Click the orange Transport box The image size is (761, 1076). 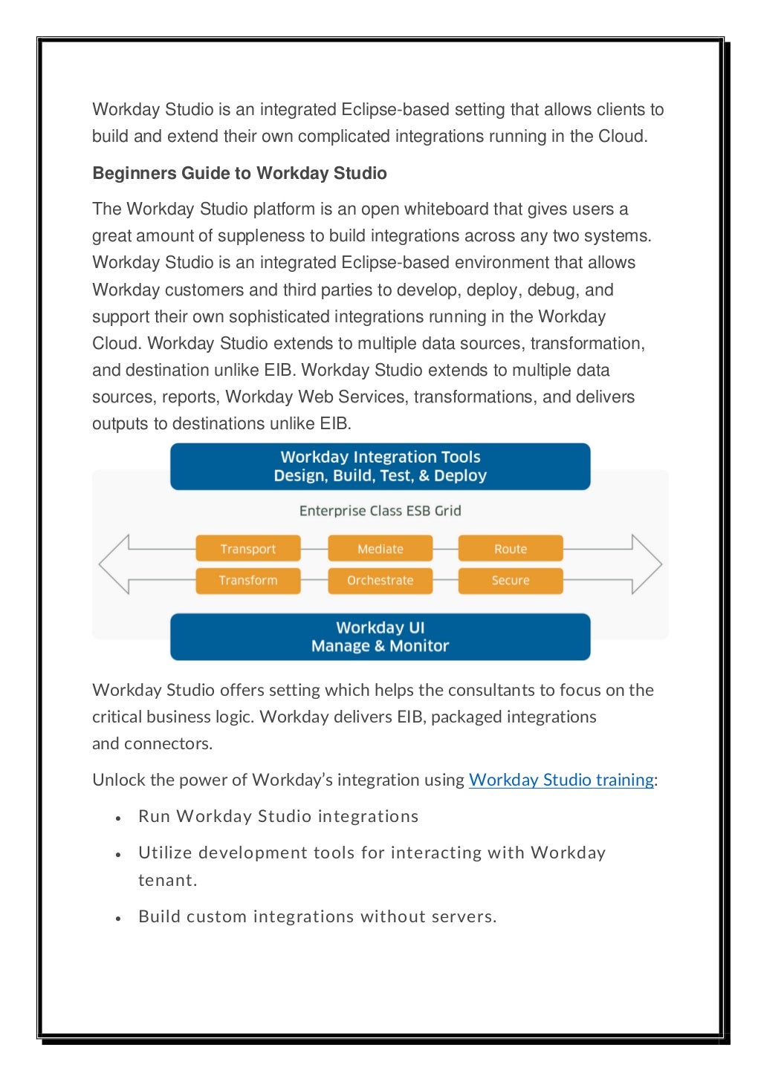point(248,549)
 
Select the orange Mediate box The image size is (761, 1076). point(380,549)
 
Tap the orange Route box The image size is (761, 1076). point(511,549)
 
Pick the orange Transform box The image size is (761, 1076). point(248,580)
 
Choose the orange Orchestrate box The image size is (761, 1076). point(380,580)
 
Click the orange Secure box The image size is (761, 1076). point(511,580)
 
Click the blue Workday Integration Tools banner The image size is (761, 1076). point(380,466)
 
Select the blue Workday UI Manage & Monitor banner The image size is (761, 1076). point(380,636)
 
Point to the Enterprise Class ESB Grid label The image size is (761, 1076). point(380,511)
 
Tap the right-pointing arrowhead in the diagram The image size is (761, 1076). point(646,564)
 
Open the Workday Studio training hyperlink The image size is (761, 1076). point(561,780)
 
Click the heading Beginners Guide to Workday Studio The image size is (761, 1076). point(239,173)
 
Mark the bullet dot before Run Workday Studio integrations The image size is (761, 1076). point(118,818)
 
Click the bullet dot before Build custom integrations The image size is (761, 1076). point(118,919)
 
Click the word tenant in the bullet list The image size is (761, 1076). point(166,880)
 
